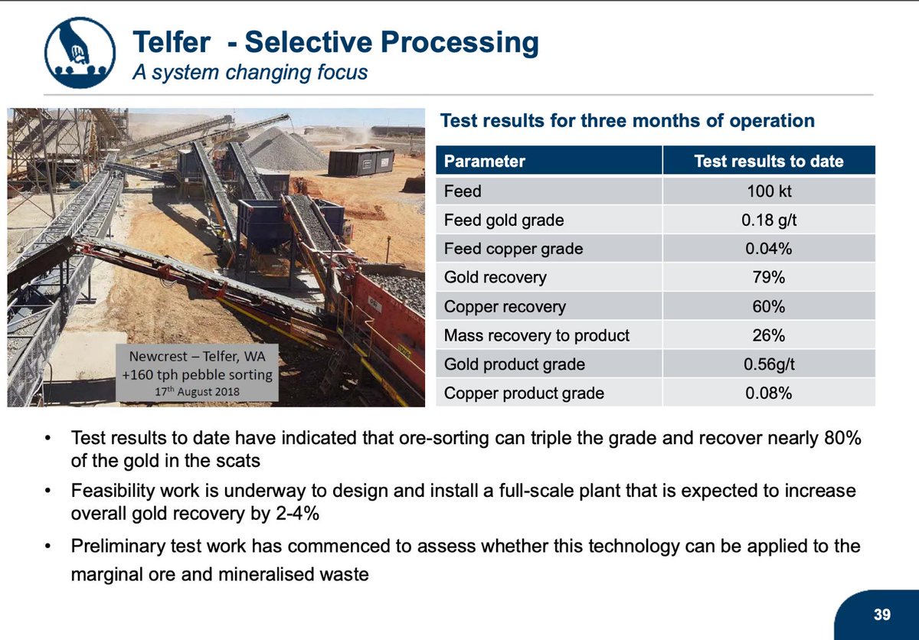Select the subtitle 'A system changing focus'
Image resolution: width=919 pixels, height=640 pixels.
pyautogui.click(x=250, y=73)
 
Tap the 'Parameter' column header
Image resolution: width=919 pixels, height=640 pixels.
pyautogui.click(x=485, y=162)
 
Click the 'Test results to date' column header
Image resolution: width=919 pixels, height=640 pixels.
pyautogui.click(x=768, y=162)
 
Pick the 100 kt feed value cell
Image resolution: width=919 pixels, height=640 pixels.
pyautogui.click(x=768, y=191)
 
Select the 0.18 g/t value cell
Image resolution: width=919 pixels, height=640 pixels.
pyautogui.click(x=768, y=220)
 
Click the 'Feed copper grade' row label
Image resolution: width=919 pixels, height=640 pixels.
pyautogui.click(x=513, y=249)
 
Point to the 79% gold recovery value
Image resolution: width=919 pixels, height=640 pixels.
pyautogui.click(x=768, y=278)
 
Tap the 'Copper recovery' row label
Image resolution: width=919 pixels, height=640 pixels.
pyautogui.click(x=505, y=307)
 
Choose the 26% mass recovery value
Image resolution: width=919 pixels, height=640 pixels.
pyautogui.click(x=768, y=335)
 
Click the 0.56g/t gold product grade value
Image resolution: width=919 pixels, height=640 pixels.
pyautogui.click(x=768, y=364)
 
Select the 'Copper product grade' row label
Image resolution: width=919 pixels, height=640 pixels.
pyautogui.click(x=524, y=393)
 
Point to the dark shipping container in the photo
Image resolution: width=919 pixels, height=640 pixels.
pyautogui.click(x=361, y=162)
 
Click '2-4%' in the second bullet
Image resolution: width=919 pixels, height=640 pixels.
pyautogui.click(x=293, y=513)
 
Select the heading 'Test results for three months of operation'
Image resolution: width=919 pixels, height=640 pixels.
pyautogui.click(x=627, y=121)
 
